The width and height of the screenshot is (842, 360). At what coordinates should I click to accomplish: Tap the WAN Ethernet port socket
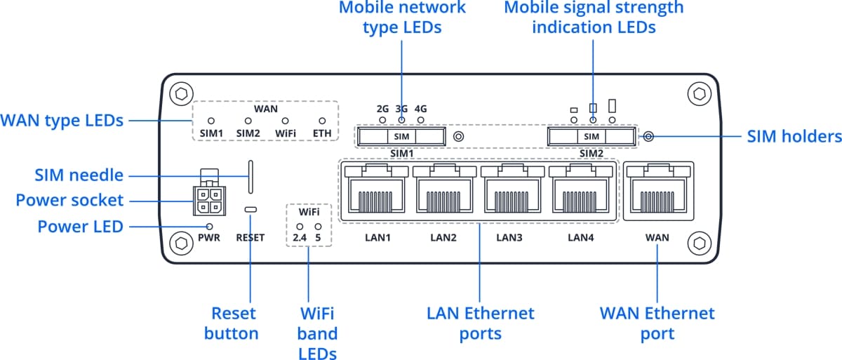coord(658,192)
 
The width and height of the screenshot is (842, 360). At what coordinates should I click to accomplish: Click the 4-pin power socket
coord(207,202)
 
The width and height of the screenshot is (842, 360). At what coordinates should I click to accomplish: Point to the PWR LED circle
coord(209,226)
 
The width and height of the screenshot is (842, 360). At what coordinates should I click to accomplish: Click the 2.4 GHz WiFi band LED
coord(300,227)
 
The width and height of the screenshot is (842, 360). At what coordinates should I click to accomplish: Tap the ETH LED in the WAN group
coord(323,121)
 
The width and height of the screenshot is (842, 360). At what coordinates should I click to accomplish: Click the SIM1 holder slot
coord(401,136)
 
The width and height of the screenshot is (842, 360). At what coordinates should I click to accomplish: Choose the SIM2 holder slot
coord(592,136)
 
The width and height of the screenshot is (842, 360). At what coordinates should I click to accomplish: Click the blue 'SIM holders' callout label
coord(794,136)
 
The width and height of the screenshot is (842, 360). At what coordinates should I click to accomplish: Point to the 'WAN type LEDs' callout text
coord(62,121)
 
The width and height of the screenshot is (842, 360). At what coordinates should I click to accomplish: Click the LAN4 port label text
coord(581,238)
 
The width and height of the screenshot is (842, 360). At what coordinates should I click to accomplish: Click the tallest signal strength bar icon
coord(613,106)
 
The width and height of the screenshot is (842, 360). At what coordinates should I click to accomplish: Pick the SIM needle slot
coord(250,176)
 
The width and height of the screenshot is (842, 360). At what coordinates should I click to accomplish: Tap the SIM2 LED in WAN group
coord(248,121)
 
